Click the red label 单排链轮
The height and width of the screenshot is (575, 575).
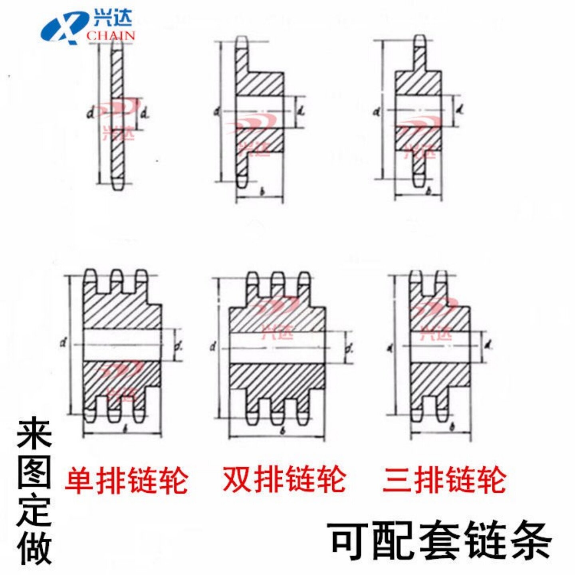tap(126, 480)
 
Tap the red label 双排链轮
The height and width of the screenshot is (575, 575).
tap(284, 479)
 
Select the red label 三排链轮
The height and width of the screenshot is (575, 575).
tap(444, 480)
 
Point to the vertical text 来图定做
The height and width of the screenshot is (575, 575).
tap(34, 492)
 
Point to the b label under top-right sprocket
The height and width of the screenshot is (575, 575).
tap(428, 192)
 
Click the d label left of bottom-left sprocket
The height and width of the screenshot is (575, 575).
tap(63, 342)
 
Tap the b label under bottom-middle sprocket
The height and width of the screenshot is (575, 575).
tap(282, 431)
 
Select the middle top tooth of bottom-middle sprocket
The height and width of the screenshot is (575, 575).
tap(278, 278)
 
